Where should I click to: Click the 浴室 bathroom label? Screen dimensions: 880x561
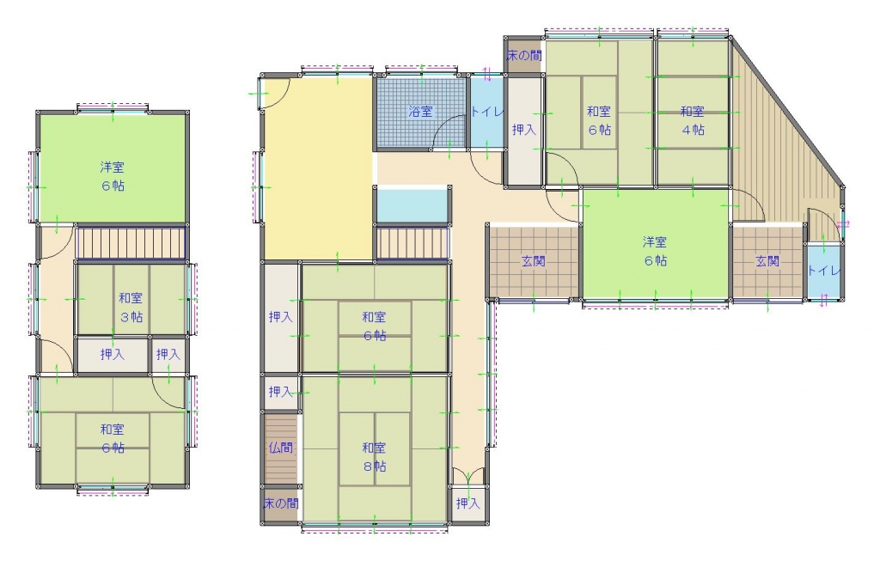[x=420, y=112]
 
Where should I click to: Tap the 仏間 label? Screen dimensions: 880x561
[x=281, y=448]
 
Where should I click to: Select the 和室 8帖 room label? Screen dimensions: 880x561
[x=375, y=457]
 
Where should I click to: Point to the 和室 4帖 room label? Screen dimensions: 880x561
[x=693, y=120]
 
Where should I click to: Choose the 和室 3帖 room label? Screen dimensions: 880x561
[x=131, y=308]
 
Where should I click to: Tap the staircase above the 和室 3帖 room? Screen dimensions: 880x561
[x=131, y=242]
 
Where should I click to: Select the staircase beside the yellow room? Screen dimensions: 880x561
[x=413, y=243]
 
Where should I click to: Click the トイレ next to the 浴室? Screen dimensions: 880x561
[x=486, y=113]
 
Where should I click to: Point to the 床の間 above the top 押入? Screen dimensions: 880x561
[x=524, y=55]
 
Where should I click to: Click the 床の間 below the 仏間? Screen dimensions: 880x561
[x=281, y=503]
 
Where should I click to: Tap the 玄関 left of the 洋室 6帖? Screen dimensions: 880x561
[x=534, y=261]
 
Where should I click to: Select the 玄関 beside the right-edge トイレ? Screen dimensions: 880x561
[x=767, y=261]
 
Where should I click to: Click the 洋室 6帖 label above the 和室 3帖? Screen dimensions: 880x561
[x=113, y=176]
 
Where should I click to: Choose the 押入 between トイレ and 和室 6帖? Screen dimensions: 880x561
[x=524, y=130]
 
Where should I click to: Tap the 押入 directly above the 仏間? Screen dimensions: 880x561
[x=281, y=392]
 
